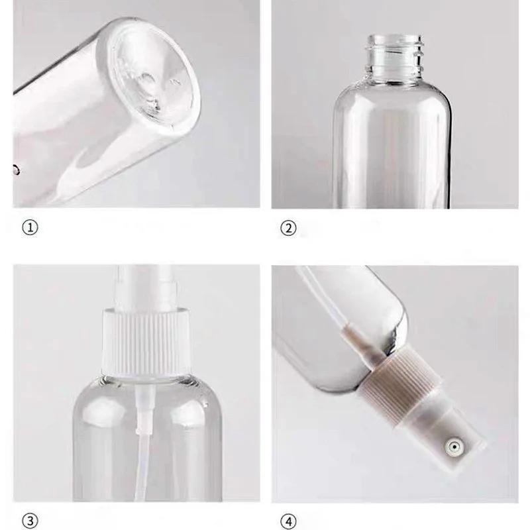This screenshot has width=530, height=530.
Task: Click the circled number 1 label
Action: point(30,228)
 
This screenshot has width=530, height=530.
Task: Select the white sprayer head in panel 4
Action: point(444,431)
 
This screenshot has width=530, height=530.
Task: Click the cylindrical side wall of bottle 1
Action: point(73,132)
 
